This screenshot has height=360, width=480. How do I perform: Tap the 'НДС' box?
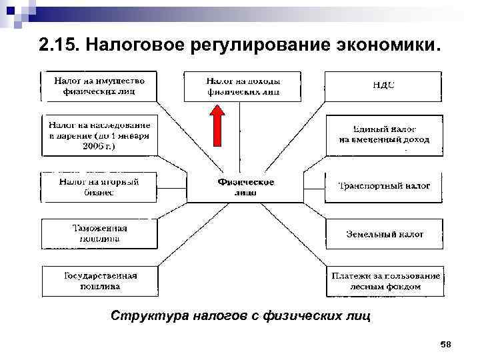click(383, 86)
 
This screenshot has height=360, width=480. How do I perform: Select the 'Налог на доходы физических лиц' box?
click(241, 86)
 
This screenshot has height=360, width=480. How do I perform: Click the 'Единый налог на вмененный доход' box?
click(384, 135)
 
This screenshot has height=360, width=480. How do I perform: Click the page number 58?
click(446, 344)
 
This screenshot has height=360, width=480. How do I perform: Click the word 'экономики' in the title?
click(386, 46)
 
